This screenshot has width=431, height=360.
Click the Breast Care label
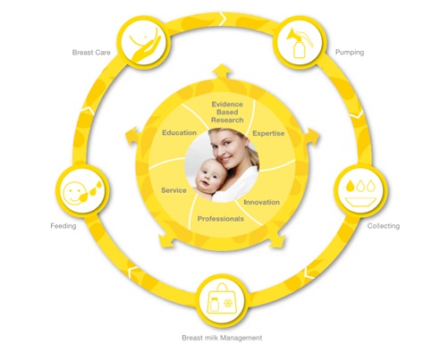point(91,53)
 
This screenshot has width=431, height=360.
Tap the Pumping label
point(350,53)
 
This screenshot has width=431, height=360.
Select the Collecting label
point(384,226)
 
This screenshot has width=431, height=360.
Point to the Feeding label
point(63,226)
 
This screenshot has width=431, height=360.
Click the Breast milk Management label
point(222,338)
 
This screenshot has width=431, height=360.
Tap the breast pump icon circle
point(300,42)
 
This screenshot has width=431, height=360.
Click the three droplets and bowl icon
point(360,190)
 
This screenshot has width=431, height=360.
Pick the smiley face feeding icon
point(82,190)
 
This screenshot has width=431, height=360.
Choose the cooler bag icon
point(222,300)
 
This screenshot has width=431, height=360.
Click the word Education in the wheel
point(179,133)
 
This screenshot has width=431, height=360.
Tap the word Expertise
point(268,133)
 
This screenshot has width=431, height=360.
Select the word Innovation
point(262,202)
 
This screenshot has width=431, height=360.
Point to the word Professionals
point(221,219)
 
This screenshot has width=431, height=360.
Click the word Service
point(173,190)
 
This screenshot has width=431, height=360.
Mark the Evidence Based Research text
point(227,113)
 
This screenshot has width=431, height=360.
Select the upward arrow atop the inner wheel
point(222,71)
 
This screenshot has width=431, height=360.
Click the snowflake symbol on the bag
point(229,303)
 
